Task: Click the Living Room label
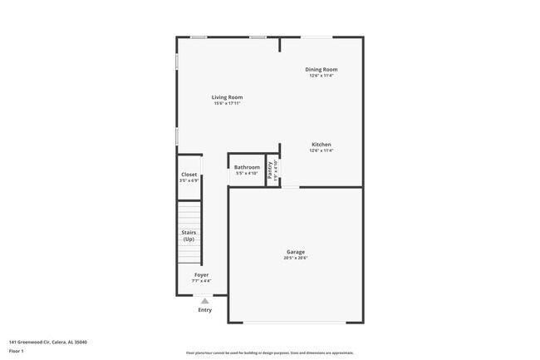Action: [227, 97]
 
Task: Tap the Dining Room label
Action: [321, 69]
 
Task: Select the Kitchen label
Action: [321, 144]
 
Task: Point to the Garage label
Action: [296, 251]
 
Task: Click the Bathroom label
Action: [247, 167]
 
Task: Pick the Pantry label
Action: [270, 170]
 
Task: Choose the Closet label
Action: [189, 175]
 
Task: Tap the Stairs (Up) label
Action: [189, 235]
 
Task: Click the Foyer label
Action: [202, 274]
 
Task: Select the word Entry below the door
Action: [204, 310]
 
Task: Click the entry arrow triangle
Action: [204, 301]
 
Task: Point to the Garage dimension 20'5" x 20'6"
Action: [296, 258]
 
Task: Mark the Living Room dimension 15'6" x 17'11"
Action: [227, 104]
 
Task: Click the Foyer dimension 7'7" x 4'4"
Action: [202, 281]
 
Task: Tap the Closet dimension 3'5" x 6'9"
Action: [189, 181]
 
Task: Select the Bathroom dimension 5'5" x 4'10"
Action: [247, 174]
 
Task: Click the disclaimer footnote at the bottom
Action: [269, 353]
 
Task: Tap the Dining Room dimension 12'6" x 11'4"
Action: [321, 76]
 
